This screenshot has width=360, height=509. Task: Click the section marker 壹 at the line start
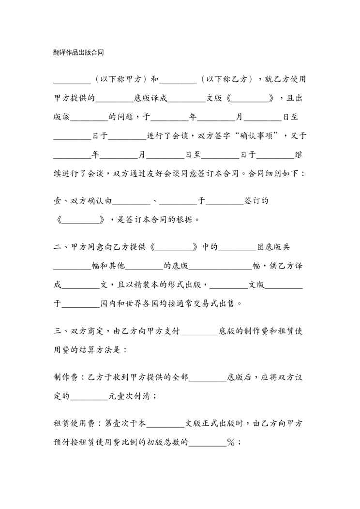click(x=58, y=201)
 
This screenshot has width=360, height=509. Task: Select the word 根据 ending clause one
click(x=189, y=220)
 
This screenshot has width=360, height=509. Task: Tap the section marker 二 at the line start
click(x=58, y=247)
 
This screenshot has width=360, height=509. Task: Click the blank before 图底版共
click(x=237, y=247)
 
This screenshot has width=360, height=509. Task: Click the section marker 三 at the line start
click(x=58, y=331)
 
